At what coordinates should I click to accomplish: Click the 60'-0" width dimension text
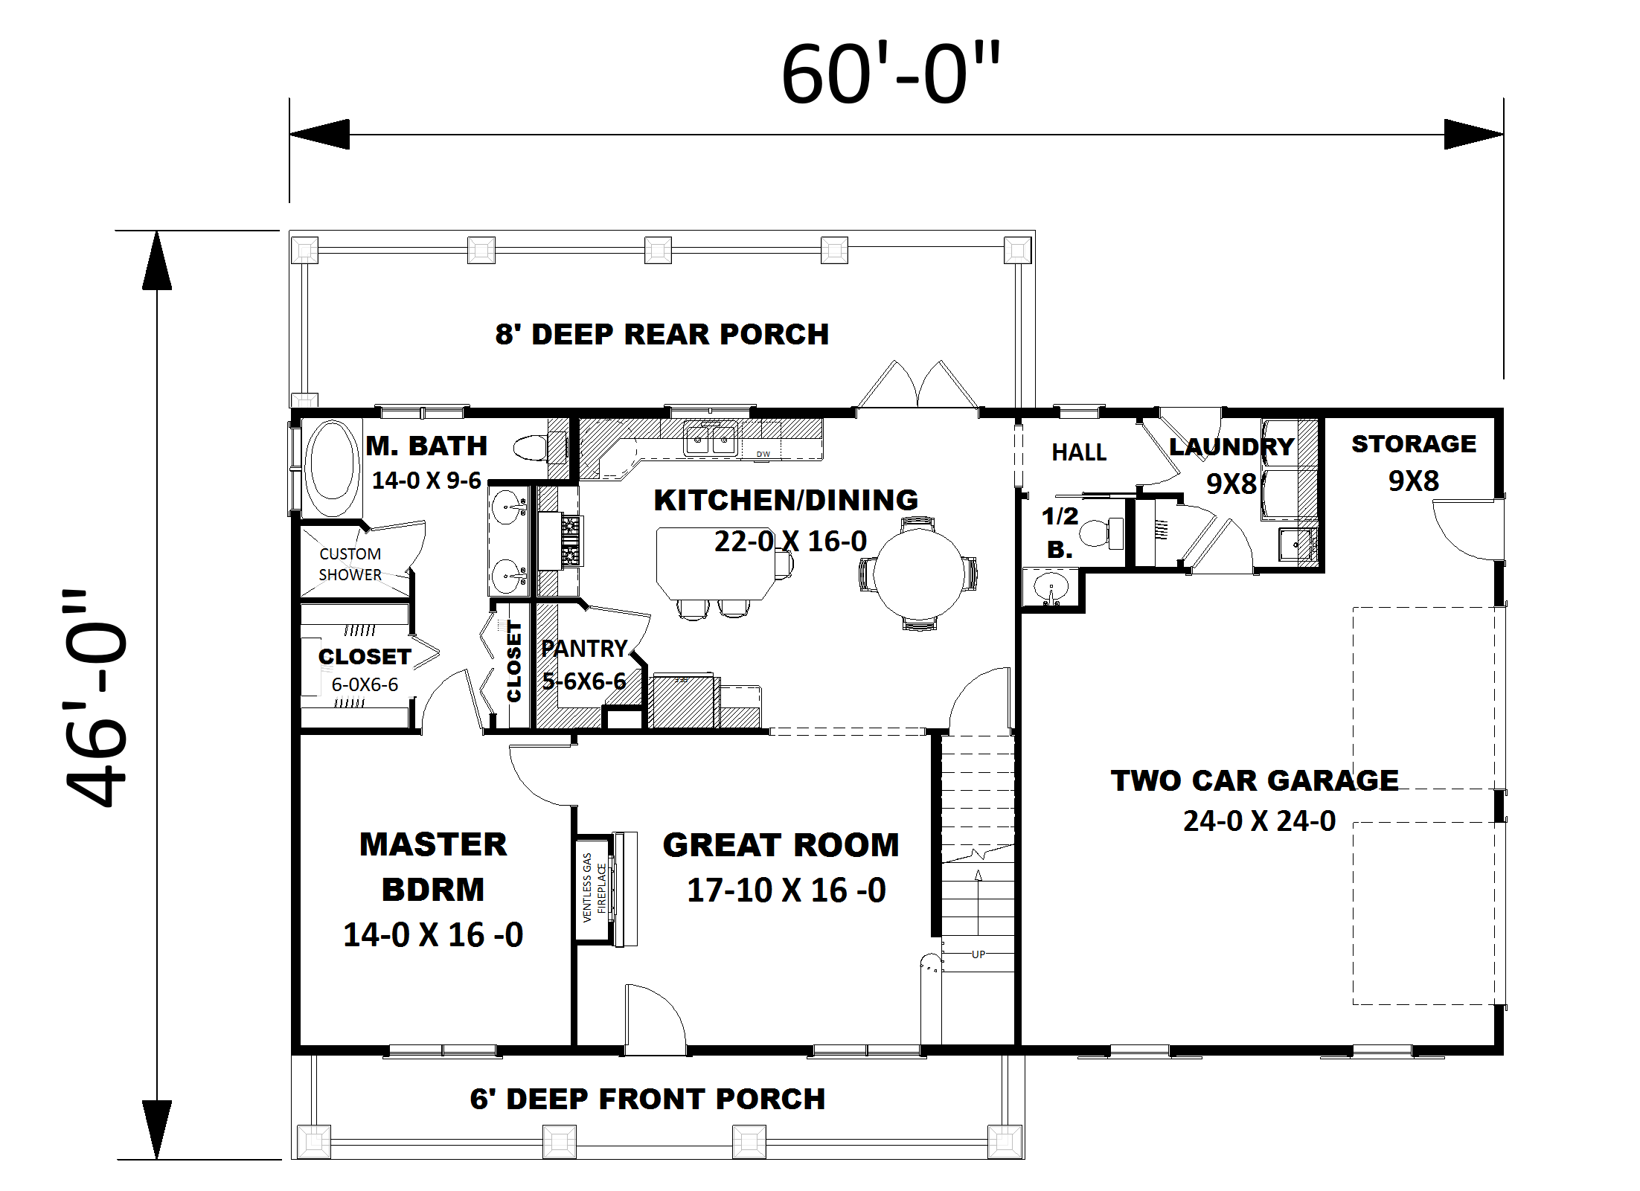(891, 74)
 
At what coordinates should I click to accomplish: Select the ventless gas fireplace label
(593, 887)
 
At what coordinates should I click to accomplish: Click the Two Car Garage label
(1255, 780)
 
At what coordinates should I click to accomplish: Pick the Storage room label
(1414, 444)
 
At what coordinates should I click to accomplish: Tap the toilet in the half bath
(1101, 533)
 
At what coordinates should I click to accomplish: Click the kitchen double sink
(710, 439)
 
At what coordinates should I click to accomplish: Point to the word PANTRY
(584, 649)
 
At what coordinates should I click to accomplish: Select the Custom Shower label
(350, 565)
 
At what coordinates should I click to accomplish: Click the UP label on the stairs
(978, 954)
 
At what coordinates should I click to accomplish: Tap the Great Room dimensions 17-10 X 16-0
(786, 890)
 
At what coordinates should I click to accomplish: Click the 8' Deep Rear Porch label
(662, 335)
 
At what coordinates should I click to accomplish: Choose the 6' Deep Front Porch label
(647, 1099)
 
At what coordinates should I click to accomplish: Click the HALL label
(1079, 452)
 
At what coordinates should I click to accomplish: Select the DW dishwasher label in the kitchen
(763, 454)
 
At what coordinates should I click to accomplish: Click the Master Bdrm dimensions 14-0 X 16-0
(433, 935)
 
